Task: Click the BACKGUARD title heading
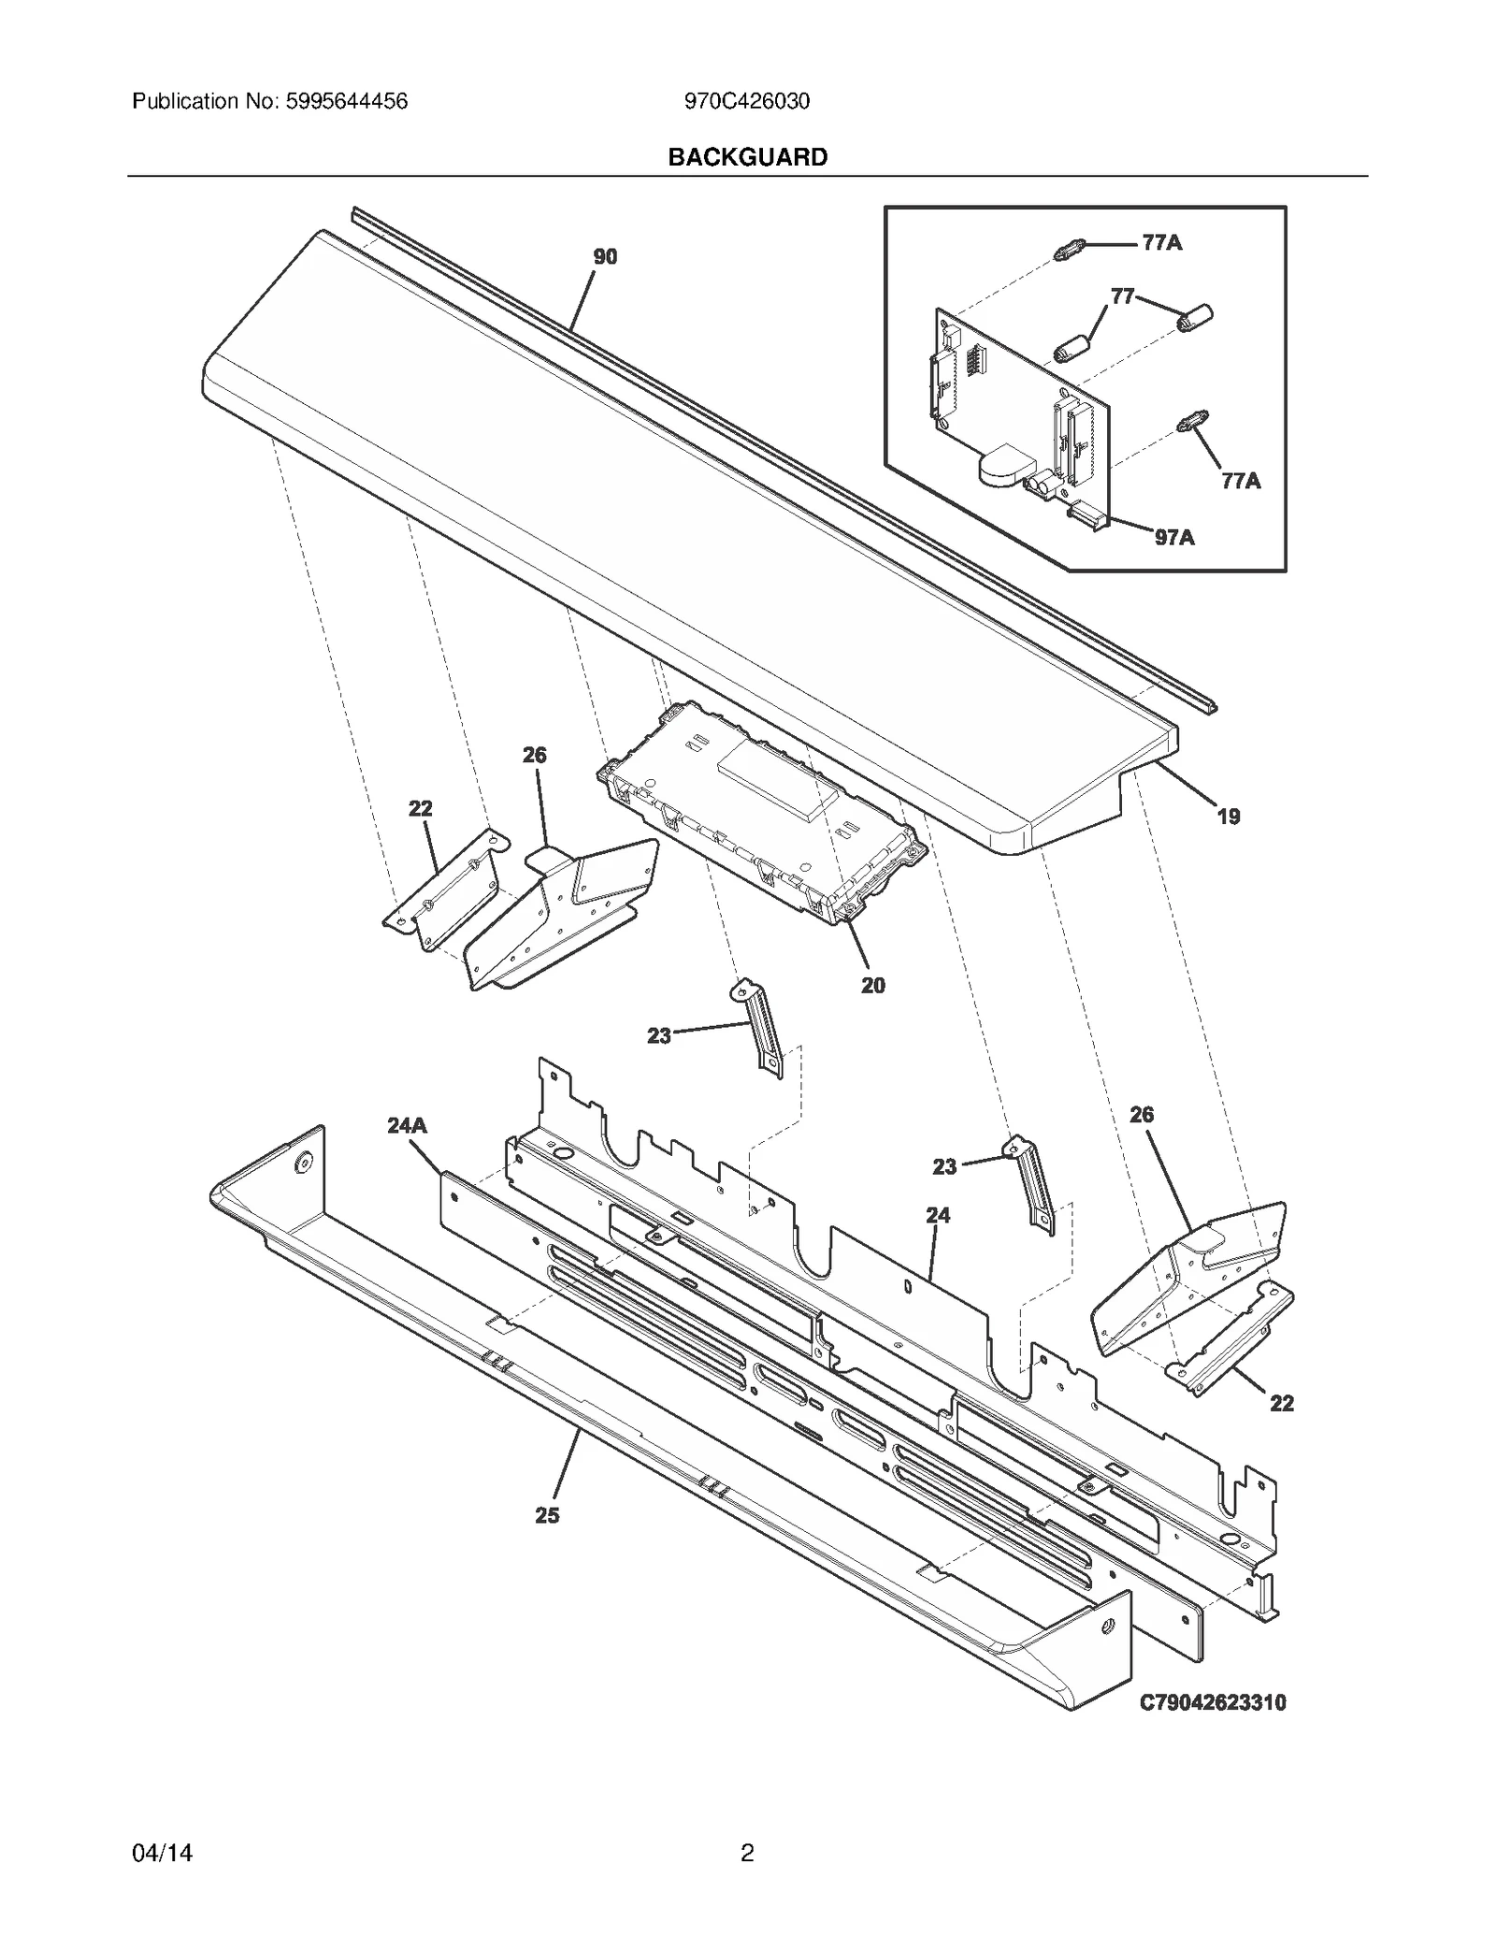pos(747,157)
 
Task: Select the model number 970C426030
pos(746,101)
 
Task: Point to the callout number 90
pos(605,256)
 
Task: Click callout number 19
pos(1228,817)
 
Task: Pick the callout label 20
pos(872,985)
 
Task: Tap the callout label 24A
pos(407,1125)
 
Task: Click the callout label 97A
pos(1174,537)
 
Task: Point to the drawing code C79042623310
pos(1213,1702)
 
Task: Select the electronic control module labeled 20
pos(762,814)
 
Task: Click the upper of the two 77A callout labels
pos(1162,243)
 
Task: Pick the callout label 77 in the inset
pos(1122,296)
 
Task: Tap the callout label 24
pos(938,1215)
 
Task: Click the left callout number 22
pos(420,808)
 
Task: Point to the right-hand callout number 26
pos(1142,1115)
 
